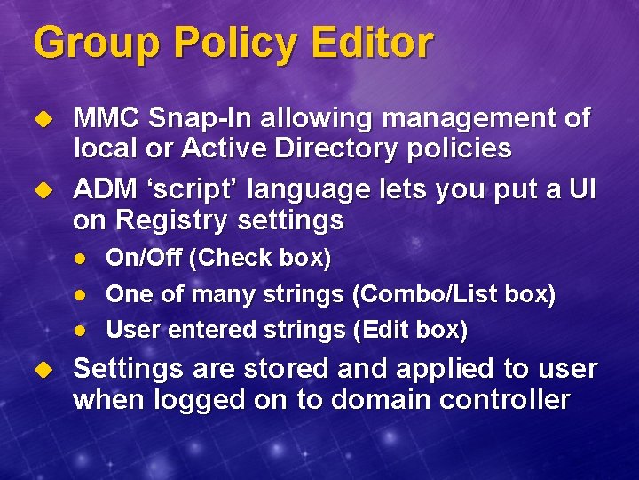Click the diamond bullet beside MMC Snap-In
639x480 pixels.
39,119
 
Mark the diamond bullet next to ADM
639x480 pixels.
39,190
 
